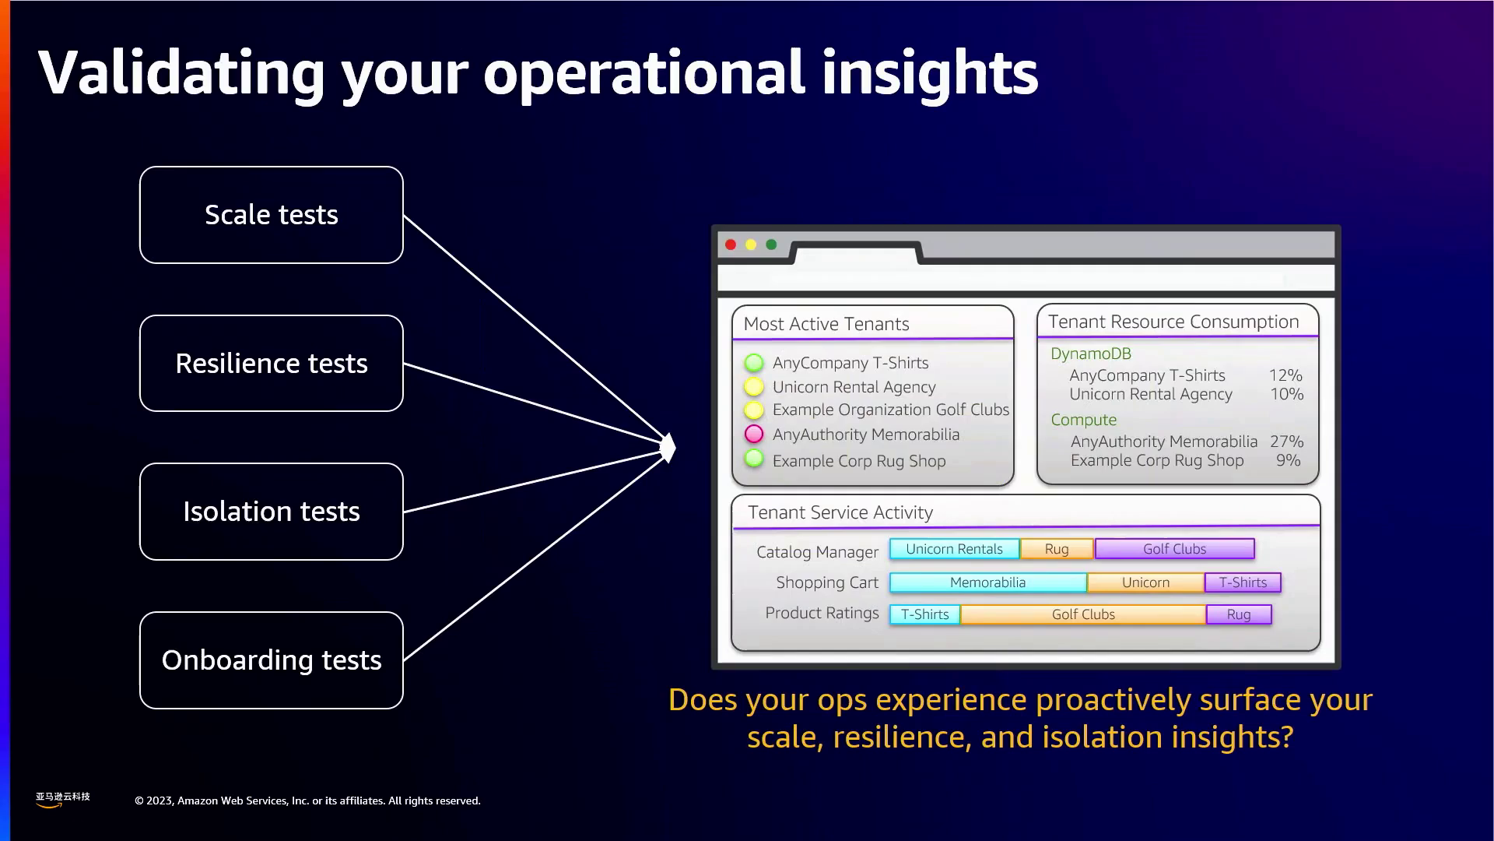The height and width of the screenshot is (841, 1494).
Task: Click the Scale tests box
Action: click(272, 215)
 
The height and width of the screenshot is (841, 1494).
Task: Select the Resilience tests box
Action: click(272, 364)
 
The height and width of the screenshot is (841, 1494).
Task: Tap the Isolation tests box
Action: click(272, 512)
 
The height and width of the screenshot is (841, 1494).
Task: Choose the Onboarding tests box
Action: click(272, 660)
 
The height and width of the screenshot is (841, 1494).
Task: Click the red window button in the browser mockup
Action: click(731, 245)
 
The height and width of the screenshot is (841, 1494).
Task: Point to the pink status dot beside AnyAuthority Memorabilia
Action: click(754, 434)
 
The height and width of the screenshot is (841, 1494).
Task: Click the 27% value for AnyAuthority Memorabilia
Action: click(1287, 442)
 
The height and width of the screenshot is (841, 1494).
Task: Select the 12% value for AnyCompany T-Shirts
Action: click(1285, 375)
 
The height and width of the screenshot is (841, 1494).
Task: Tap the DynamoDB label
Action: click(1091, 354)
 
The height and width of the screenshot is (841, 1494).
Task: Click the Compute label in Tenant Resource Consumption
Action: click(1084, 420)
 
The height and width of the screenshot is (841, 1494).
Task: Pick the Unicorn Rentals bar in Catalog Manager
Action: click(955, 549)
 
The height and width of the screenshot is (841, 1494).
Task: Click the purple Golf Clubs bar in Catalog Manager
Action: click(1175, 549)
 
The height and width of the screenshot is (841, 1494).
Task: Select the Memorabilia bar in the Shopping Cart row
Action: click(988, 582)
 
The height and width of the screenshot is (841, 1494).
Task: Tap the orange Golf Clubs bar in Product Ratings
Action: click(1083, 614)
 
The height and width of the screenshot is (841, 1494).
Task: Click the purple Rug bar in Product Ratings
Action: click(1239, 614)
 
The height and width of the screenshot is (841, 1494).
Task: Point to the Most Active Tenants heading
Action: click(826, 324)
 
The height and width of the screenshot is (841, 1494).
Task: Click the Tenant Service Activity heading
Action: click(840, 512)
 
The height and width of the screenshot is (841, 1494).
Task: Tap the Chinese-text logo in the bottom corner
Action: click(62, 800)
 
